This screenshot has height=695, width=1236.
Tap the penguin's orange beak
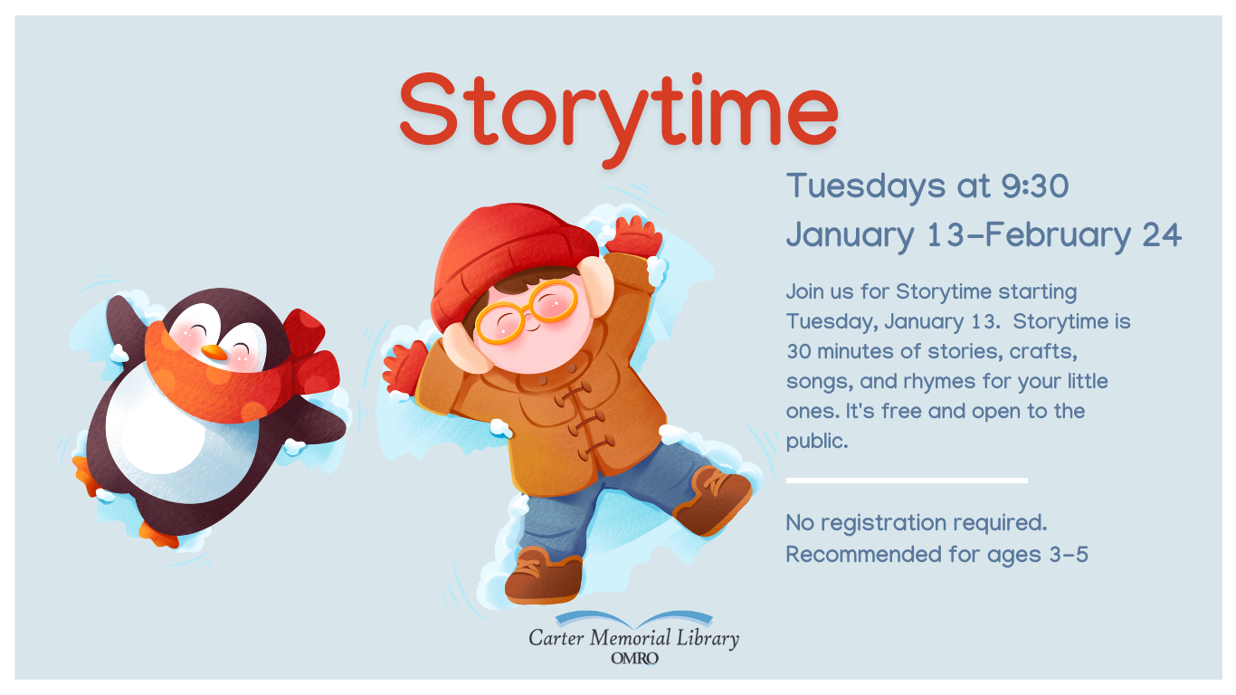coord(214,352)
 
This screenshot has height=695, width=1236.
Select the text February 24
coord(1082,235)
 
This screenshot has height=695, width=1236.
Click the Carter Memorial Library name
coord(633,638)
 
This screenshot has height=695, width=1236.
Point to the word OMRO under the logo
coord(634,659)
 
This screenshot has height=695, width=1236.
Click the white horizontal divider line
coord(906,480)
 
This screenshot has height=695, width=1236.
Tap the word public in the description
coord(815,442)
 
